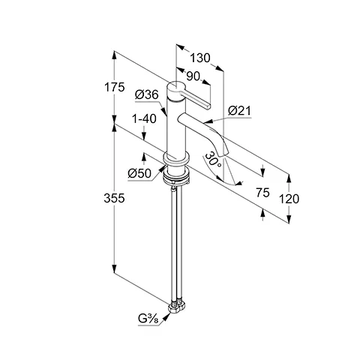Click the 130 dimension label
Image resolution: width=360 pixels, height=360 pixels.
point(200,58)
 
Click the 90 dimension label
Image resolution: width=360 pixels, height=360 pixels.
point(193,76)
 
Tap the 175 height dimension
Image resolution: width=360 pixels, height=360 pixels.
point(114,87)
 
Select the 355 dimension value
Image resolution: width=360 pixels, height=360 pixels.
point(114,198)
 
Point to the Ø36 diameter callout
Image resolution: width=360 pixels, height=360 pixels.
point(147,95)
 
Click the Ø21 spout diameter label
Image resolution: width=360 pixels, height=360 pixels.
point(239,110)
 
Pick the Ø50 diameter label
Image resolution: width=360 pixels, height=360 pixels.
point(139,173)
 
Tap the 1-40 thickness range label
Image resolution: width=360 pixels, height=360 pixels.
point(144,119)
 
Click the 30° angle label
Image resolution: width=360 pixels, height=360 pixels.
point(213,160)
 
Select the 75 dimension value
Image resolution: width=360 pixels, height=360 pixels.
point(262,193)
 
